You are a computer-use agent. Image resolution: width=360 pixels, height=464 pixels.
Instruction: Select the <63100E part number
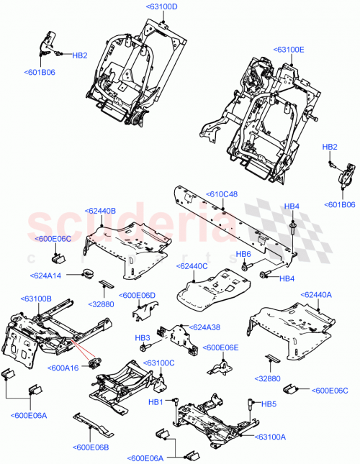(x=289, y=50)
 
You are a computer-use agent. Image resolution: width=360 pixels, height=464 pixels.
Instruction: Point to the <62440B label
(x=100, y=211)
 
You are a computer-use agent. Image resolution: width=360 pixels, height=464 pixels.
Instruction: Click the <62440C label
(x=192, y=265)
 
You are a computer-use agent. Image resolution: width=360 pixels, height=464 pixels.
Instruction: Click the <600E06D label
(x=138, y=295)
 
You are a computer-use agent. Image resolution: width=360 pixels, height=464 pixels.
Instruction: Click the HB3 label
(x=143, y=337)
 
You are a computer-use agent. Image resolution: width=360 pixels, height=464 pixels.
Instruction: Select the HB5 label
(x=269, y=404)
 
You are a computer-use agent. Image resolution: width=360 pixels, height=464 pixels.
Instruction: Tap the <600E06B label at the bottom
(x=91, y=447)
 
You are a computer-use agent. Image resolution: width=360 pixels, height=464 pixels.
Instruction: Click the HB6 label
(x=243, y=254)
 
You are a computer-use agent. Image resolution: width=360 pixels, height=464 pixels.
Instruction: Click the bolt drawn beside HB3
(x=147, y=347)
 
